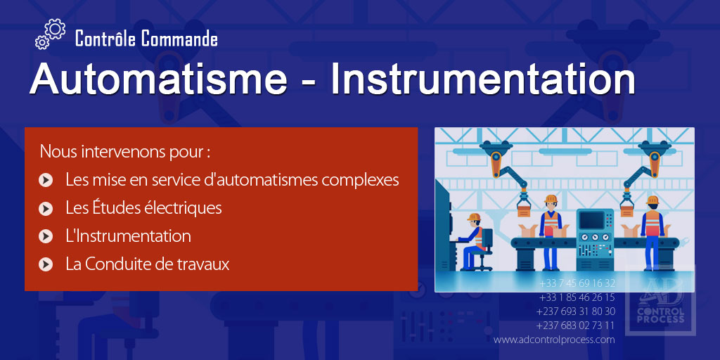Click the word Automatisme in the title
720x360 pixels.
[x=158, y=79]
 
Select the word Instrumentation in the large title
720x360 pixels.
[x=483, y=79]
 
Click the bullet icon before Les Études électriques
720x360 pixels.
[x=46, y=209]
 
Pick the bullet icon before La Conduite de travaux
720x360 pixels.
[x=46, y=265]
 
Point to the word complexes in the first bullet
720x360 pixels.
[x=360, y=180]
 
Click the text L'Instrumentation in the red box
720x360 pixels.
[x=128, y=236]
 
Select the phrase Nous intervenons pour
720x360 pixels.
[x=125, y=151]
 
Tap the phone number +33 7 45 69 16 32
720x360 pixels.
[x=577, y=283]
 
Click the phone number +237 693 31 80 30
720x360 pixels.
[x=575, y=311]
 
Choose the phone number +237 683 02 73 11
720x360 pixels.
[x=575, y=326]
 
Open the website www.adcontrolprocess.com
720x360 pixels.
[x=554, y=340]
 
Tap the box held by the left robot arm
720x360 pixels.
[x=524, y=209]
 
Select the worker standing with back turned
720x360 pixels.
[x=652, y=225]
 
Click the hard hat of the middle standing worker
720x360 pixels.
[x=551, y=198]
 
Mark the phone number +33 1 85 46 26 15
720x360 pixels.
[x=577, y=297]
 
